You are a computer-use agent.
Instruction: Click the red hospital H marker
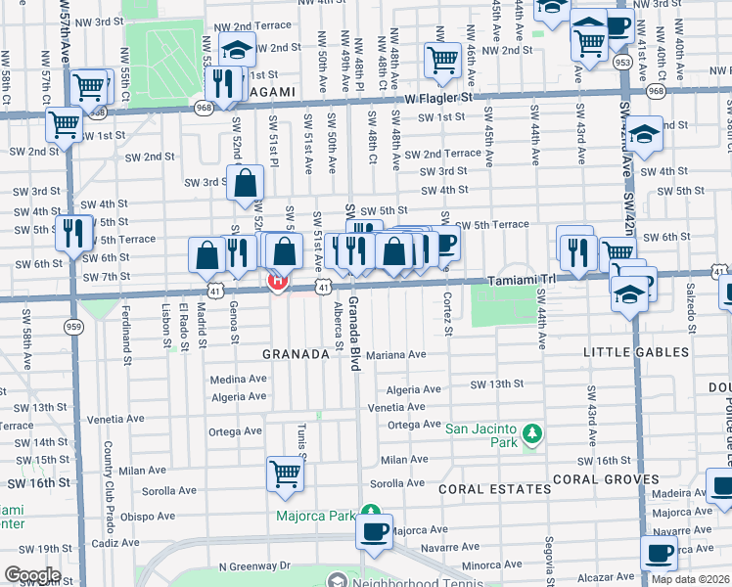click(277, 282)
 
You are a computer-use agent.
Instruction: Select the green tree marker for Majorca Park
click(370, 511)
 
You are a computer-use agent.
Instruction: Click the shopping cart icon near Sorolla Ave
click(285, 473)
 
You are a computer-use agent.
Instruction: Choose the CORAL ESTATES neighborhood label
click(494, 488)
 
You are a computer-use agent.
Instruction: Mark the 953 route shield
click(622, 61)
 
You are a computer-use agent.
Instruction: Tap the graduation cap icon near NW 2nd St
click(237, 48)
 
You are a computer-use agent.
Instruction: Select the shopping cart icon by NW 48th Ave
click(442, 60)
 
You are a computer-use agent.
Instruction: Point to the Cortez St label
click(447, 315)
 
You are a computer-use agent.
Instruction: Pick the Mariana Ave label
click(396, 354)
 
